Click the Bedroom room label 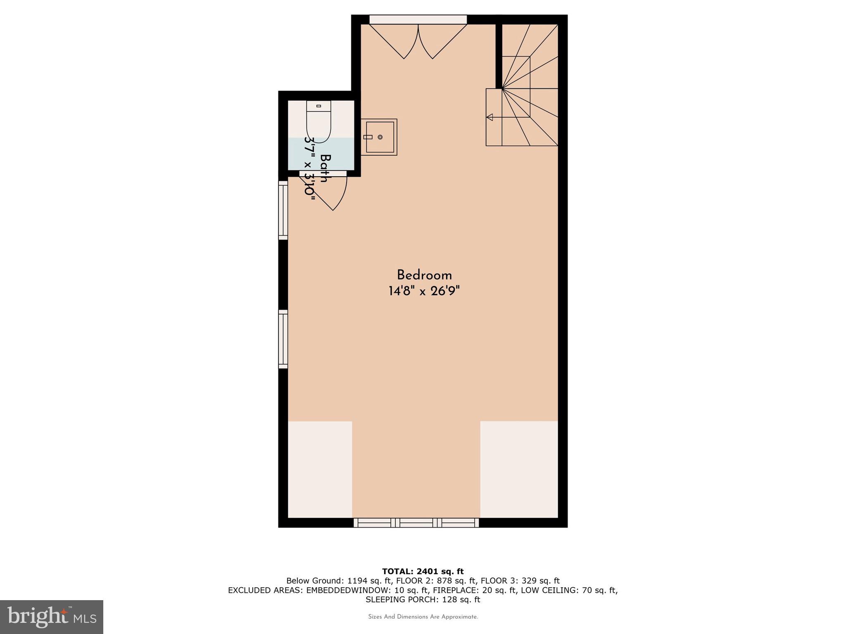click(x=424, y=275)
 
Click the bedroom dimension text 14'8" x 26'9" click(x=424, y=291)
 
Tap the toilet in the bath click(x=319, y=122)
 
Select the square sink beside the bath click(x=379, y=137)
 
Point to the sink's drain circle click(x=380, y=137)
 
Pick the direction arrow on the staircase click(x=490, y=117)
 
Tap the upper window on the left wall click(x=283, y=210)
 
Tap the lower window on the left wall click(x=283, y=339)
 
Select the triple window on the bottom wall click(x=416, y=523)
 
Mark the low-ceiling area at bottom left click(x=320, y=469)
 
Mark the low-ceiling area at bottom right click(x=519, y=469)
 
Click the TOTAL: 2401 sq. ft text click(x=423, y=572)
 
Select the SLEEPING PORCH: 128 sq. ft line click(x=423, y=600)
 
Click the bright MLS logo click(x=52, y=617)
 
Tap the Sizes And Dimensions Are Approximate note click(x=423, y=617)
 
